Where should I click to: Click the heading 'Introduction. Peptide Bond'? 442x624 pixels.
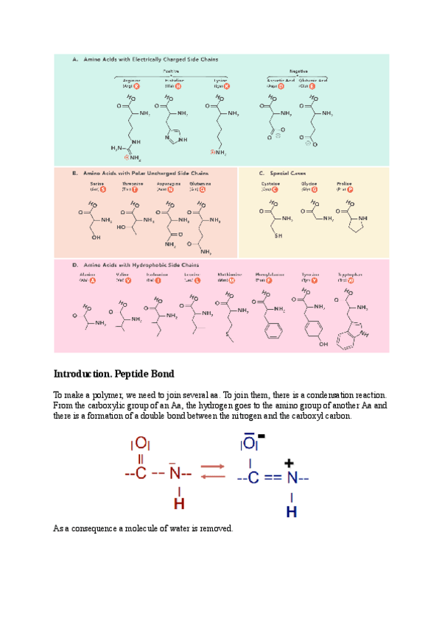click(113, 374)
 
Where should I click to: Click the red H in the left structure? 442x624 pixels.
click(178, 504)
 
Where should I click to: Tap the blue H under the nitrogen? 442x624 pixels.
click(291, 511)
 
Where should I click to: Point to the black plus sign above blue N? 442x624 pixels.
click(290, 463)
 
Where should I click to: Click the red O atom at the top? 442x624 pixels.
click(141, 444)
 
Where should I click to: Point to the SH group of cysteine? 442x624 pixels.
click(277, 236)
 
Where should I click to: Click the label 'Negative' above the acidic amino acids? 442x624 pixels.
click(298, 71)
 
